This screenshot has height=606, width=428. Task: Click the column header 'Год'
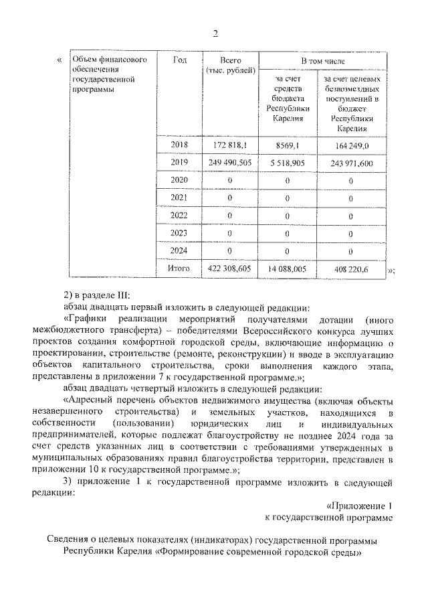point(179,60)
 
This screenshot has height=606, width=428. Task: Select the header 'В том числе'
point(322,61)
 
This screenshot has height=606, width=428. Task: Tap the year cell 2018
point(179,145)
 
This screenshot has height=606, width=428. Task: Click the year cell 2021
point(179,198)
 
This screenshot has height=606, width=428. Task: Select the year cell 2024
point(179,250)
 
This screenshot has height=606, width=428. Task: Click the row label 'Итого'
point(179,269)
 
